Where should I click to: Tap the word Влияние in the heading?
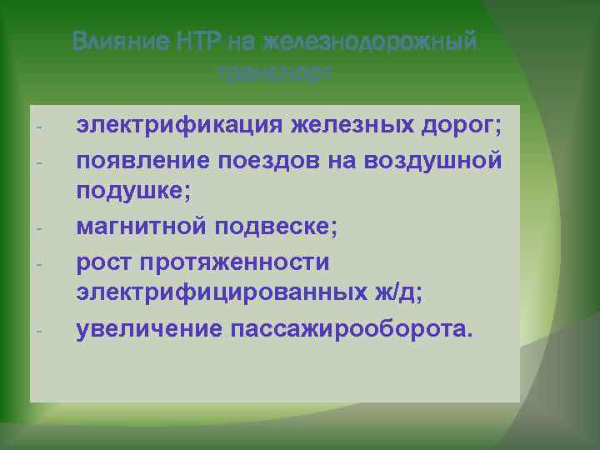[122, 41]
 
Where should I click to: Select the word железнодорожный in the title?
[369, 41]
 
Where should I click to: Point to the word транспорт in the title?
[276, 73]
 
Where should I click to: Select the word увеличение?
[143, 328]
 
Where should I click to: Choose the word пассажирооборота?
[350, 328]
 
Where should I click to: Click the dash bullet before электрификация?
[39, 127]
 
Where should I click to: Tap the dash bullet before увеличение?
[39, 330]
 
